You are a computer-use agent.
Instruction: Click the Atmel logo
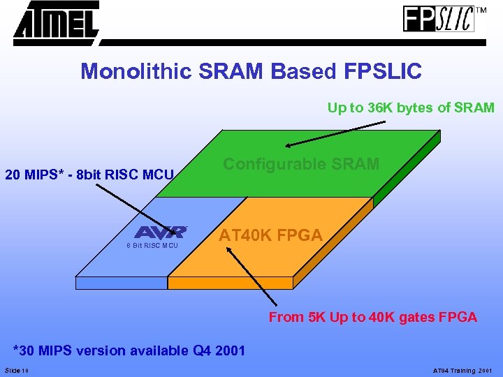[56, 22]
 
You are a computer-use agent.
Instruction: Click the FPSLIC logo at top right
[439, 19]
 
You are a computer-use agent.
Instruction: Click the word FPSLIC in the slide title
[382, 71]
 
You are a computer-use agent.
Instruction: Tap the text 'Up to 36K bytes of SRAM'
[411, 108]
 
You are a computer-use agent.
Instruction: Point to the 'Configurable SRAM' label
[300, 164]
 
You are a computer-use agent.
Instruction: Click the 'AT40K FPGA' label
[270, 235]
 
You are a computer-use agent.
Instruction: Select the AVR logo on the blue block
[161, 232]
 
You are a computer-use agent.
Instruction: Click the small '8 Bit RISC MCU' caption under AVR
[152, 246]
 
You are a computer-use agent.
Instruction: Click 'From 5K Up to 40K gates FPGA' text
[373, 317]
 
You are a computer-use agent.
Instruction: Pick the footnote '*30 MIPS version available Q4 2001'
[130, 350]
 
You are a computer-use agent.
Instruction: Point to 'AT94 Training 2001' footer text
[462, 370]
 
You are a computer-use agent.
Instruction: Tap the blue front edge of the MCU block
[121, 283]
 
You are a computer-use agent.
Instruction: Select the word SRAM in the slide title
[227, 71]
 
